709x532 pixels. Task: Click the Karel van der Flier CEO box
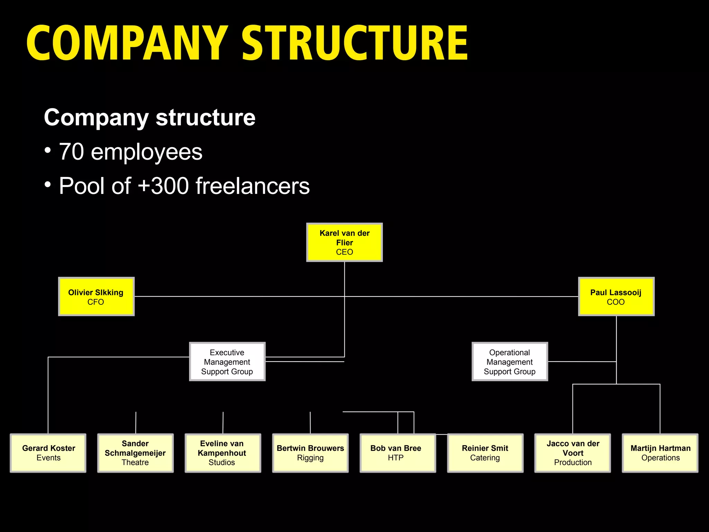344,242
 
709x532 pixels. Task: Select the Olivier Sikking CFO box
96,296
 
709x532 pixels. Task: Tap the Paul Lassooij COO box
616,296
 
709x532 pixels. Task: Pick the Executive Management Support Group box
227,362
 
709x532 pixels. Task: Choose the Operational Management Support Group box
510,362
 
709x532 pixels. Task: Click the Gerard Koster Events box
48,453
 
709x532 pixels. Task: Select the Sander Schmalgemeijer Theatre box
135,453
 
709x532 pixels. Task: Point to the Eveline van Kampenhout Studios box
223,453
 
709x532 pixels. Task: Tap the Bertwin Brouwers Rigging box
310,453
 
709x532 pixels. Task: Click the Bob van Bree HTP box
397,453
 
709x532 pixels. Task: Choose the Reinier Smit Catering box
485,453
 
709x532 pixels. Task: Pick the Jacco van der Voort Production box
573,453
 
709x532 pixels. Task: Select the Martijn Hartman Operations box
660,453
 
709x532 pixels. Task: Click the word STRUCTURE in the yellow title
355,43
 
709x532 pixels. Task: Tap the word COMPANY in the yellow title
127,43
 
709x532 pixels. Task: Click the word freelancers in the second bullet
252,186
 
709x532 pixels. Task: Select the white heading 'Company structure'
150,118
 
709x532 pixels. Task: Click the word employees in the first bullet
146,152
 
